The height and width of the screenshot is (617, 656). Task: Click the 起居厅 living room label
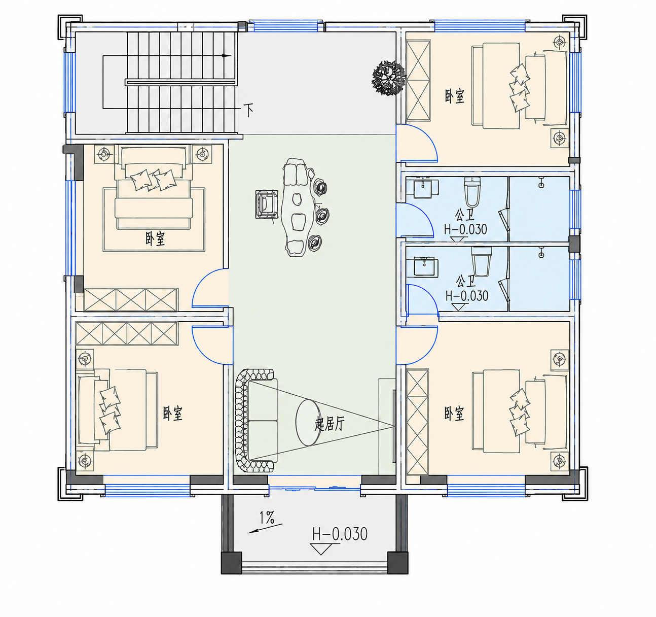[330, 424]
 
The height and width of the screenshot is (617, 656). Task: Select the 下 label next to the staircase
[248, 110]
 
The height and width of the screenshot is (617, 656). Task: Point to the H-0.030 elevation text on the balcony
[340, 534]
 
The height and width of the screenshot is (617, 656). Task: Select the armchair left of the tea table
[266, 204]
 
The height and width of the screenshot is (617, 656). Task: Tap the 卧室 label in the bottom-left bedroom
[173, 414]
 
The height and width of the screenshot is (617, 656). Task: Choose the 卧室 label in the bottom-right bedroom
[454, 414]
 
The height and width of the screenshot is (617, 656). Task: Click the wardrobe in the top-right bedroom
[419, 80]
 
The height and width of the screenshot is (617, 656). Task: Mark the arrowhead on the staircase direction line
[227, 56]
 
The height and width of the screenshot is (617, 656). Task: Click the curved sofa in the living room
[255, 420]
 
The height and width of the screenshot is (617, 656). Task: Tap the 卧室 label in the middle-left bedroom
[155, 238]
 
